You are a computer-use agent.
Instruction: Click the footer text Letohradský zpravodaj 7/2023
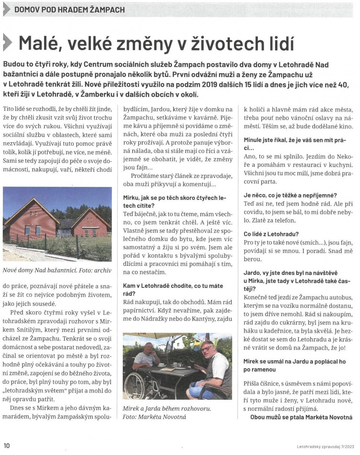point(325,446)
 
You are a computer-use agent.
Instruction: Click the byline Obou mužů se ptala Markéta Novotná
point(301,417)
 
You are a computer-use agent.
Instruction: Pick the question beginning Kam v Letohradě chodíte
point(173,286)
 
